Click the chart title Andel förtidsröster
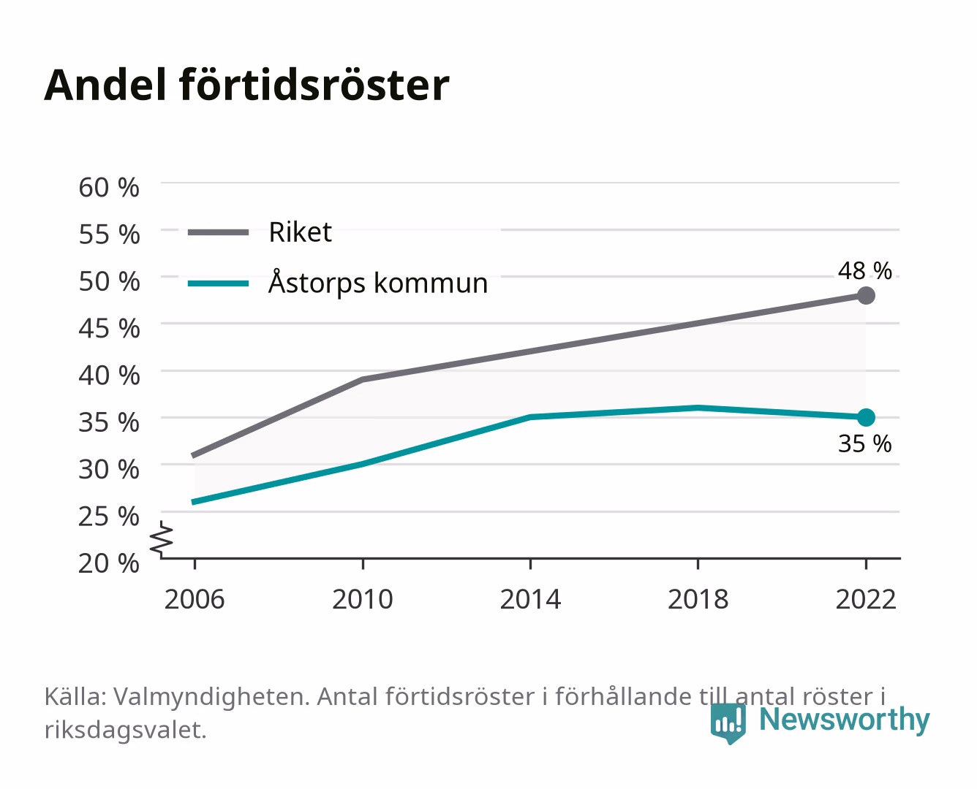(246, 85)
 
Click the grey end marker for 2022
(866, 296)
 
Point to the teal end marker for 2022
(866, 417)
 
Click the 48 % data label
(864, 270)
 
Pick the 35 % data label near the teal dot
(864, 443)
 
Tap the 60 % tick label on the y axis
(109, 188)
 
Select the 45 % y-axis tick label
(109, 329)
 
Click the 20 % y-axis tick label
(109, 563)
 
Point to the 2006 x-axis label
(195, 599)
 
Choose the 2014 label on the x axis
(530, 599)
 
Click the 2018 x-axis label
(698, 599)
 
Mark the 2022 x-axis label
(866, 599)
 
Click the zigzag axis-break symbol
(162, 539)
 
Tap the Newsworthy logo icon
(728, 723)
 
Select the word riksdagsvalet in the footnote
(125, 730)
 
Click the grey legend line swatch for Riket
(219, 232)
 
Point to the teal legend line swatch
(219, 283)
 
